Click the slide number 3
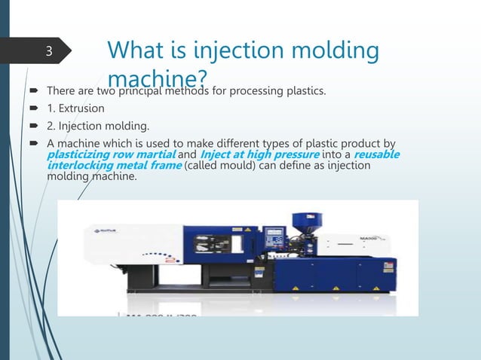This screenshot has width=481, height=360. pyautogui.click(x=47, y=52)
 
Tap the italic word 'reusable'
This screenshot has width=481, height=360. pyautogui.click(x=377, y=155)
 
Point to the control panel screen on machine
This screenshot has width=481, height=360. pyautogui.click(x=279, y=239)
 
